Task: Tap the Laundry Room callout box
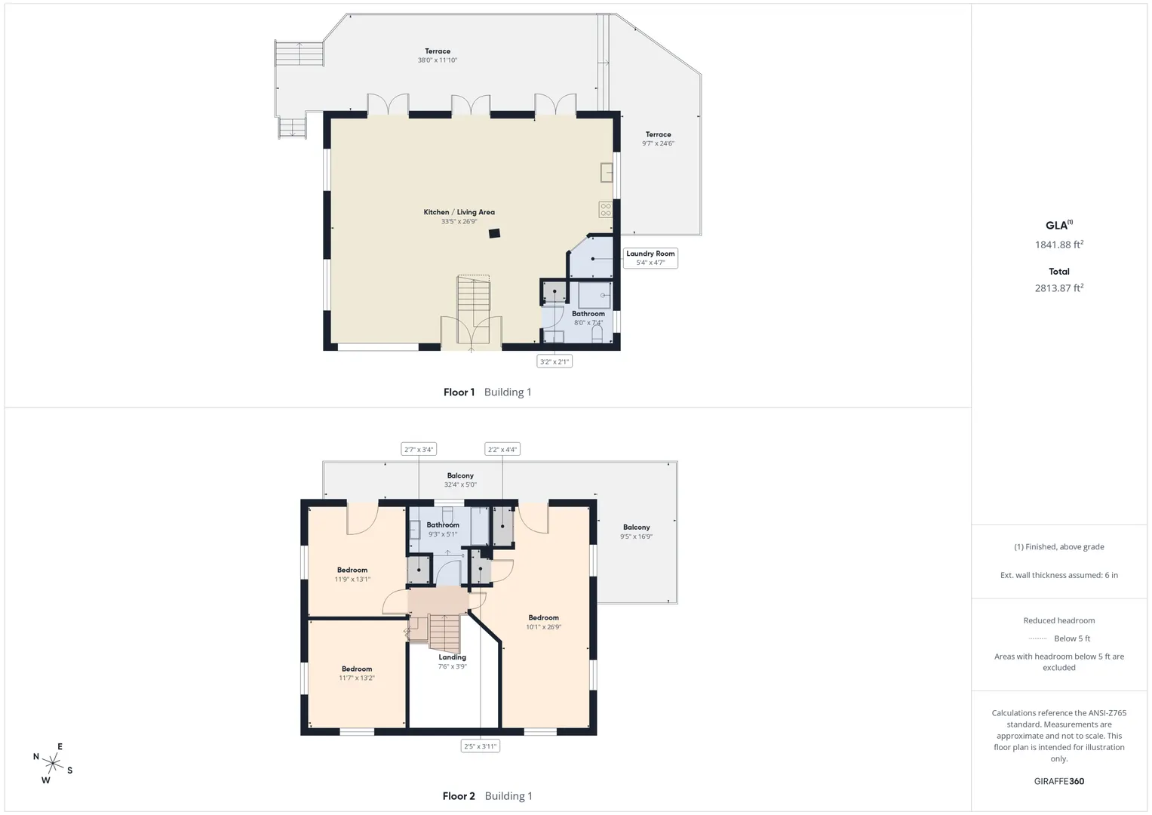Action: click(650, 258)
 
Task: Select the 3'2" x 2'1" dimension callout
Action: click(554, 361)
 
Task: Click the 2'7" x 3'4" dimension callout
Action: click(419, 449)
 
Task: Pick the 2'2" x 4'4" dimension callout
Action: click(502, 449)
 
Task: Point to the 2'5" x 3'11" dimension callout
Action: click(481, 746)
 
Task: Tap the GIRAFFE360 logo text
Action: click(1059, 781)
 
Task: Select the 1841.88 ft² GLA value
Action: click(1059, 244)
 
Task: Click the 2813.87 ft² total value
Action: click(1059, 288)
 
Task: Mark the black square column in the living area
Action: click(494, 234)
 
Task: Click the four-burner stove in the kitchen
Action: click(606, 210)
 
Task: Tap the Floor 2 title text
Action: click(459, 796)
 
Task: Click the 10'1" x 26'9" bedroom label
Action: click(544, 622)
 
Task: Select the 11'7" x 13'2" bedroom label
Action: click(356, 673)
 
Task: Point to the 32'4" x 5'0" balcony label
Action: click(460, 484)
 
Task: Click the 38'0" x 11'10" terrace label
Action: click(437, 60)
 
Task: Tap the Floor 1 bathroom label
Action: click(588, 318)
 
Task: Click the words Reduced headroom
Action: click(1059, 620)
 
